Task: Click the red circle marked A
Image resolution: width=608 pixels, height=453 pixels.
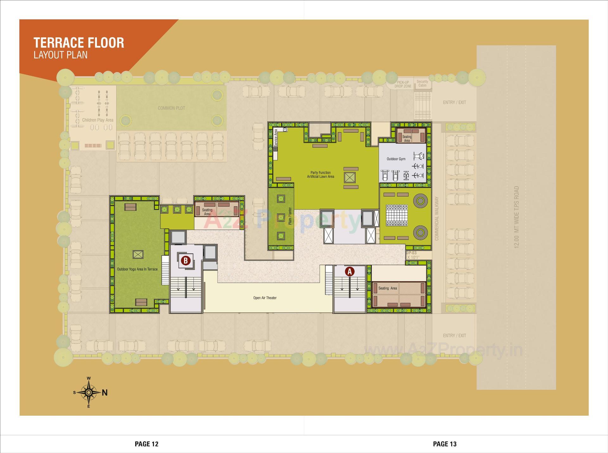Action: click(350, 271)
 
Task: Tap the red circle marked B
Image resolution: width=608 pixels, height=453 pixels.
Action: click(186, 261)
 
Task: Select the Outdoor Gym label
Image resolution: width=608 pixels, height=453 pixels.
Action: click(396, 159)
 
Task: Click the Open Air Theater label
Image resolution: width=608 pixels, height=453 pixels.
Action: click(265, 298)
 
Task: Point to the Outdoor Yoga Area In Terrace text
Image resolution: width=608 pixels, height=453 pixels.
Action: click(137, 269)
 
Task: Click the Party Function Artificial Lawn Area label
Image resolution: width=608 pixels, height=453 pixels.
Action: click(320, 175)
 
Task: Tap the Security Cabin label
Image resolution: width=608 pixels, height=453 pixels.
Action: click(422, 83)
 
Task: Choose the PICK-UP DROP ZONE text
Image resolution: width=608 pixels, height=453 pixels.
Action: click(403, 84)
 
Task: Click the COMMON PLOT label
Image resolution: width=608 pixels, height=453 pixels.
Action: click(171, 108)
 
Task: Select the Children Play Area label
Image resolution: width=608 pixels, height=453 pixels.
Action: click(98, 120)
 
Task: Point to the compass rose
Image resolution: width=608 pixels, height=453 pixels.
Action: click(89, 392)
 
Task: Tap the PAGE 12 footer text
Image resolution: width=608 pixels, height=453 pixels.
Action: click(146, 444)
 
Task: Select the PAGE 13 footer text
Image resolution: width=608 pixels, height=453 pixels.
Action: click(445, 444)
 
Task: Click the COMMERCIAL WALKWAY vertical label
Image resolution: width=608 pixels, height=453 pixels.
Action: click(437, 219)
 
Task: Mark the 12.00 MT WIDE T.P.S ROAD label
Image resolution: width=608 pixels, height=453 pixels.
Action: click(516, 217)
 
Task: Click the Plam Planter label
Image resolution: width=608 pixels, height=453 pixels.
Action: click(290, 216)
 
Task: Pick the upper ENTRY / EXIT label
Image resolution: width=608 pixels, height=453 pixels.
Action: click(454, 102)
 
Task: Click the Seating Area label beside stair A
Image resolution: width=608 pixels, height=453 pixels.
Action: click(387, 288)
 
